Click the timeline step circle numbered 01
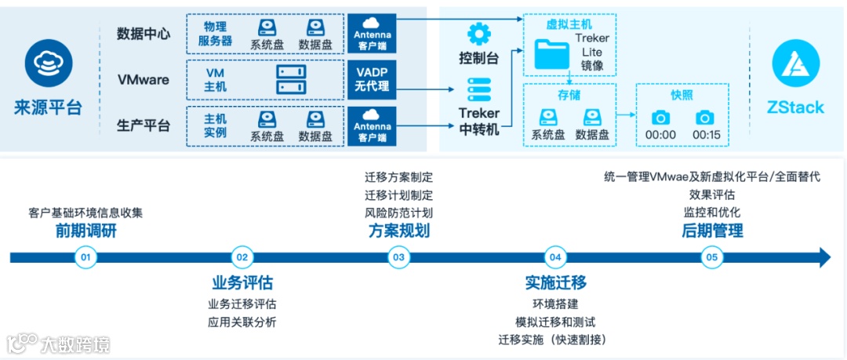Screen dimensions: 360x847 (85, 256)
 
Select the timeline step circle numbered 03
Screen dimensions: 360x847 (399, 256)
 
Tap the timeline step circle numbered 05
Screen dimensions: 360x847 (712, 256)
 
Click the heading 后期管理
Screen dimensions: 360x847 (712, 231)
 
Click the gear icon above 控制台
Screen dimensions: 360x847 (478, 35)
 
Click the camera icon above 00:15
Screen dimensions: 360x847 (705, 118)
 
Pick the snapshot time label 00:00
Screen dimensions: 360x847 (660, 135)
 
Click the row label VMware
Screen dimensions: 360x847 (143, 79)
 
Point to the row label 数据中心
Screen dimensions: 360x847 (143, 34)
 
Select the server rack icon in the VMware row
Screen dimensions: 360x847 (293, 78)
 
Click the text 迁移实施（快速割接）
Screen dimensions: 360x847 (555, 340)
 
